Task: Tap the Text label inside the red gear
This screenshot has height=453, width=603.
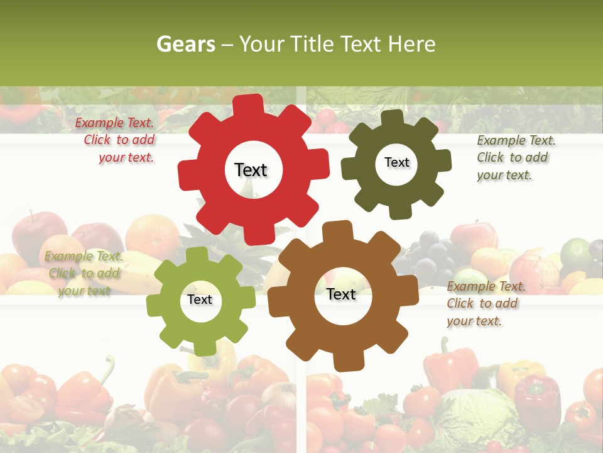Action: tap(251, 170)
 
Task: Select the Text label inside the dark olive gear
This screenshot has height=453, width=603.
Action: tap(396, 162)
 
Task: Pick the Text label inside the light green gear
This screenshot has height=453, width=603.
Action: tap(200, 299)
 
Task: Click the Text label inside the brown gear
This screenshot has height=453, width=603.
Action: tap(341, 294)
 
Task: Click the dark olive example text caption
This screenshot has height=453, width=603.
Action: tap(515, 157)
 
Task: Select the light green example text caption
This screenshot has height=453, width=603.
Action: tap(84, 273)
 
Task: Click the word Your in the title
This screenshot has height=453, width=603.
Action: tap(261, 44)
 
